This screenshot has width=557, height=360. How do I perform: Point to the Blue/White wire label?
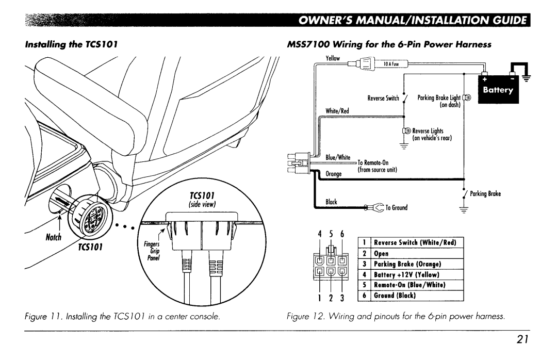338,157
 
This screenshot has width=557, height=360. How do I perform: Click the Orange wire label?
335,174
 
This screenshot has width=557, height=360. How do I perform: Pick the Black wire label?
331,202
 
